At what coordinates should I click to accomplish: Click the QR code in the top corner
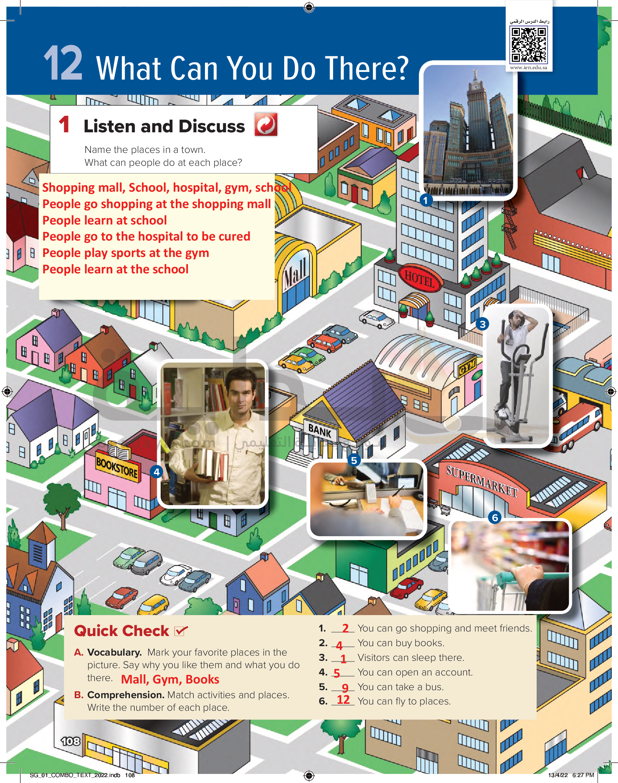pyautogui.click(x=529, y=45)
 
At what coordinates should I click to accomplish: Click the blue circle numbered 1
pyautogui.click(x=426, y=200)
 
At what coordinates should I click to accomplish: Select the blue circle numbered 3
pyautogui.click(x=482, y=324)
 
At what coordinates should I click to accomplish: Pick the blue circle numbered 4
pyautogui.click(x=157, y=472)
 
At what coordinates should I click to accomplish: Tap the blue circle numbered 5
pyautogui.click(x=354, y=460)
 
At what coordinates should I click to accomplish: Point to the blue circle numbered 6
pyautogui.click(x=495, y=518)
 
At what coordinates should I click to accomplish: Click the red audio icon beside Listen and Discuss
pyautogui.click(x=266, y=125)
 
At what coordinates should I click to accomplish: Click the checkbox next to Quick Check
pyautogui.click(x=181, y=631)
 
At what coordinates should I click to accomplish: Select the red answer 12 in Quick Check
pyautogui.click(x=343, y=700)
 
